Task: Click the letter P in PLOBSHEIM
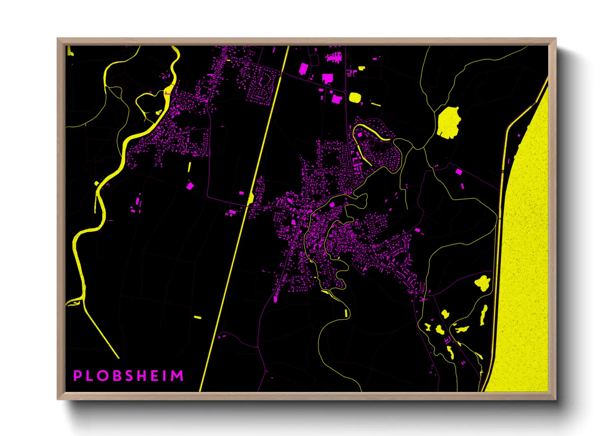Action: [x=77, y=376]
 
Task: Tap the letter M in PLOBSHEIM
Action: [x=177, y=376]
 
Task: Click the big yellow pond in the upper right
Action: [x=448, y=122]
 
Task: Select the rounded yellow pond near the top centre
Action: [x=354, y=98]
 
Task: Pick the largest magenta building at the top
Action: [x=304, y=68]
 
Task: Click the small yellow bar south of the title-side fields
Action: [x=197, y=317]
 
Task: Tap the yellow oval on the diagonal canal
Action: [x=251, y=198]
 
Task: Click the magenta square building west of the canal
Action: [x=190, y=186]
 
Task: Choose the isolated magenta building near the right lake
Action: [x=458, y=171]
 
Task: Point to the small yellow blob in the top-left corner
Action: [x=70, y=52]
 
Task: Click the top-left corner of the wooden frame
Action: [x=58, y=39]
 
